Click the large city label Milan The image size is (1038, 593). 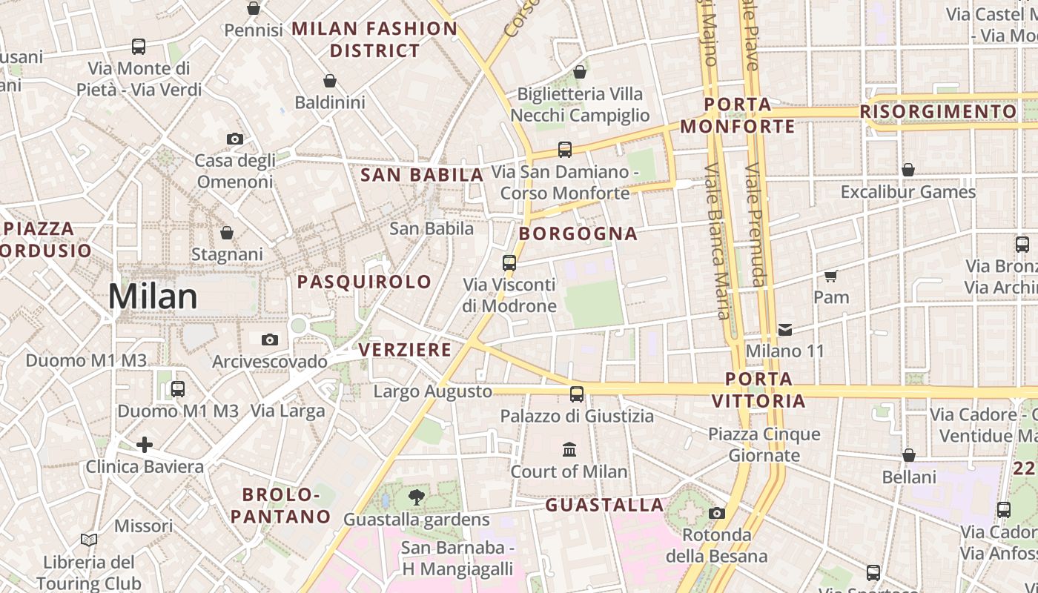[153, 296]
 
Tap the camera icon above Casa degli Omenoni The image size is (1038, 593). [234, 139]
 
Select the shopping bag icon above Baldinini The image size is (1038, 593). [330, 81]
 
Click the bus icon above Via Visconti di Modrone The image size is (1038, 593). [509, 262]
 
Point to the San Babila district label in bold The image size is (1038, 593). [421, 175]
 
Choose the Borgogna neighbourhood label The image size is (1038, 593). [578, 233]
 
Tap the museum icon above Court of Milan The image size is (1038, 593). [569, 449]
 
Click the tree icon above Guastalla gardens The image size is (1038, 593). [417, 497]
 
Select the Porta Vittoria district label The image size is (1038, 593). [758, 390]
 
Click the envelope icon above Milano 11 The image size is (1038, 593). [785, 329]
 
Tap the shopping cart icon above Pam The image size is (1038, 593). [830, 276]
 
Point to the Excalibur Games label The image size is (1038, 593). [908, 192]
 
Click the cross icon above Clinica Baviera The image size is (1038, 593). [145, 445]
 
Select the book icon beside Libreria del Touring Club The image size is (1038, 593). [89, 540]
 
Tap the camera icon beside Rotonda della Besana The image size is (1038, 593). [716, 513]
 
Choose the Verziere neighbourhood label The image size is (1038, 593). [405, 349]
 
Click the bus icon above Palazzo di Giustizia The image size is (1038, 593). [577, 394]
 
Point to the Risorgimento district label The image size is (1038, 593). [938, 112]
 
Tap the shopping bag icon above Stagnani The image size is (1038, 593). [227, 233]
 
